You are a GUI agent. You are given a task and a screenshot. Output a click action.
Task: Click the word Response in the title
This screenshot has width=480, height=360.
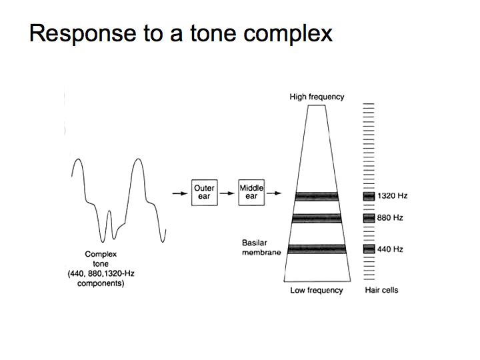pos(83,34)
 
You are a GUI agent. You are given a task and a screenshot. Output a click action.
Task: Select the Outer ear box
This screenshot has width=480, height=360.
pos(205,193)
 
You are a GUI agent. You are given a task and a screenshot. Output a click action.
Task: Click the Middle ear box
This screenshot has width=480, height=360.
pos(251,192)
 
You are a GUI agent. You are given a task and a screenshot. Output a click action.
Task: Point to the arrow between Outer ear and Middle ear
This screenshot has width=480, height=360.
pos(227,193)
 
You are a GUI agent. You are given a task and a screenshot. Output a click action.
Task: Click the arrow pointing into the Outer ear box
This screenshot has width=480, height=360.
pos(180,193)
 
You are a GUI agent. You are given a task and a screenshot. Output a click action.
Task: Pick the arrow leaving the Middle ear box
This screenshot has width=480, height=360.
pos(274,193)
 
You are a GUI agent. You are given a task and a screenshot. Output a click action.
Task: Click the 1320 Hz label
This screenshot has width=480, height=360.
pos(392,195)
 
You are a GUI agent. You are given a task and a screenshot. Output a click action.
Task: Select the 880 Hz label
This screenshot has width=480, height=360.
pos(390,217)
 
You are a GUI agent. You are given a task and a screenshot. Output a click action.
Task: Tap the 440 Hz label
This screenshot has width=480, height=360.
pos(390,249)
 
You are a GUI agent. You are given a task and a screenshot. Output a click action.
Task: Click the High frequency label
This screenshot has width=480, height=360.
pos(317,97)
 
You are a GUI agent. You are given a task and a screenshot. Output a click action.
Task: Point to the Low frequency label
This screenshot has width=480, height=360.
pos(317,290)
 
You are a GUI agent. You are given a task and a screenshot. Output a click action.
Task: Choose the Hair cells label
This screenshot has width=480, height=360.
pos(381,290)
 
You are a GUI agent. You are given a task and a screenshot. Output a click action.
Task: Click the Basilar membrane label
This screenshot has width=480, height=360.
pos(261,247)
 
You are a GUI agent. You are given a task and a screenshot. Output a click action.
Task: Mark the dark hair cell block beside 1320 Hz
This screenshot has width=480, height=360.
pos(369,196)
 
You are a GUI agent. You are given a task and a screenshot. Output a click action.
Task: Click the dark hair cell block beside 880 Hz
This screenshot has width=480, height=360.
pos(369,218)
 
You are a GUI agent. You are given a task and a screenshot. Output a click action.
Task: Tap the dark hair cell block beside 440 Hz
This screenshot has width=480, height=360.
pos(369,249)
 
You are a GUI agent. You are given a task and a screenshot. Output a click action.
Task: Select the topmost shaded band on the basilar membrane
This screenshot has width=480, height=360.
pos(317,197)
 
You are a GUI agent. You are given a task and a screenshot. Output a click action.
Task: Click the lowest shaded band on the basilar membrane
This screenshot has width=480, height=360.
pos(317,249)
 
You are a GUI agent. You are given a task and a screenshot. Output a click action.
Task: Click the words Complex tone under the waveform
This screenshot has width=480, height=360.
pos(101,259)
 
